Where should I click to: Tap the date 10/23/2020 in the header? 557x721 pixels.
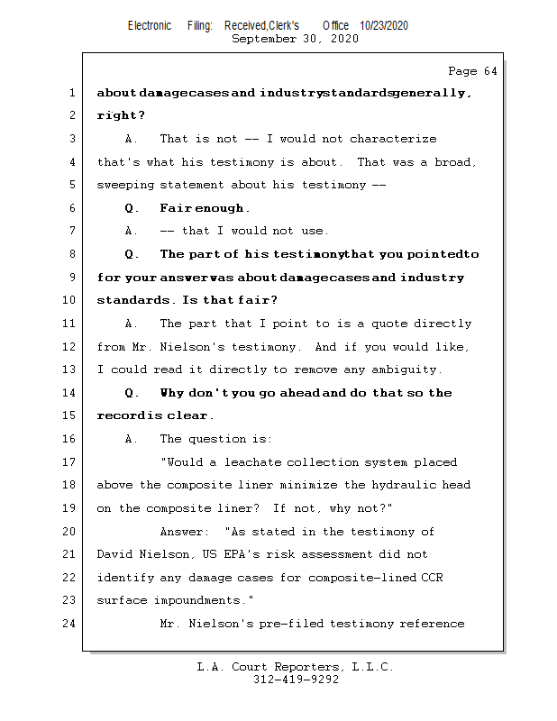(x=383, y=26)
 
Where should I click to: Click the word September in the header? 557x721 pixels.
(x=263, y=39)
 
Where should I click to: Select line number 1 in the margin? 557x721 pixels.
(x=71, y=93)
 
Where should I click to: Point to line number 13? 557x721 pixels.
(x=71, y=370)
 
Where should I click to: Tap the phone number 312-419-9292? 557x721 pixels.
(x=296, y=680)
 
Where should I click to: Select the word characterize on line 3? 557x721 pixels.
(x=393, y=139)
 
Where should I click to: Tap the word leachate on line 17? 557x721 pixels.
(x=255, y=462)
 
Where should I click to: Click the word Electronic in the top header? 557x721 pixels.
(x=150, y=26)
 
